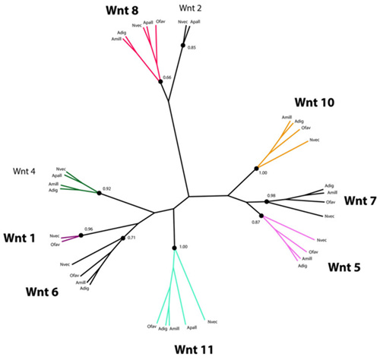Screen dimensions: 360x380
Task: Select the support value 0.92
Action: [107, 188]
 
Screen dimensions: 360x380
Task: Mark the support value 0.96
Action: [89, 229]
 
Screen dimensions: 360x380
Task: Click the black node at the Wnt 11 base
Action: [174, 248]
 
